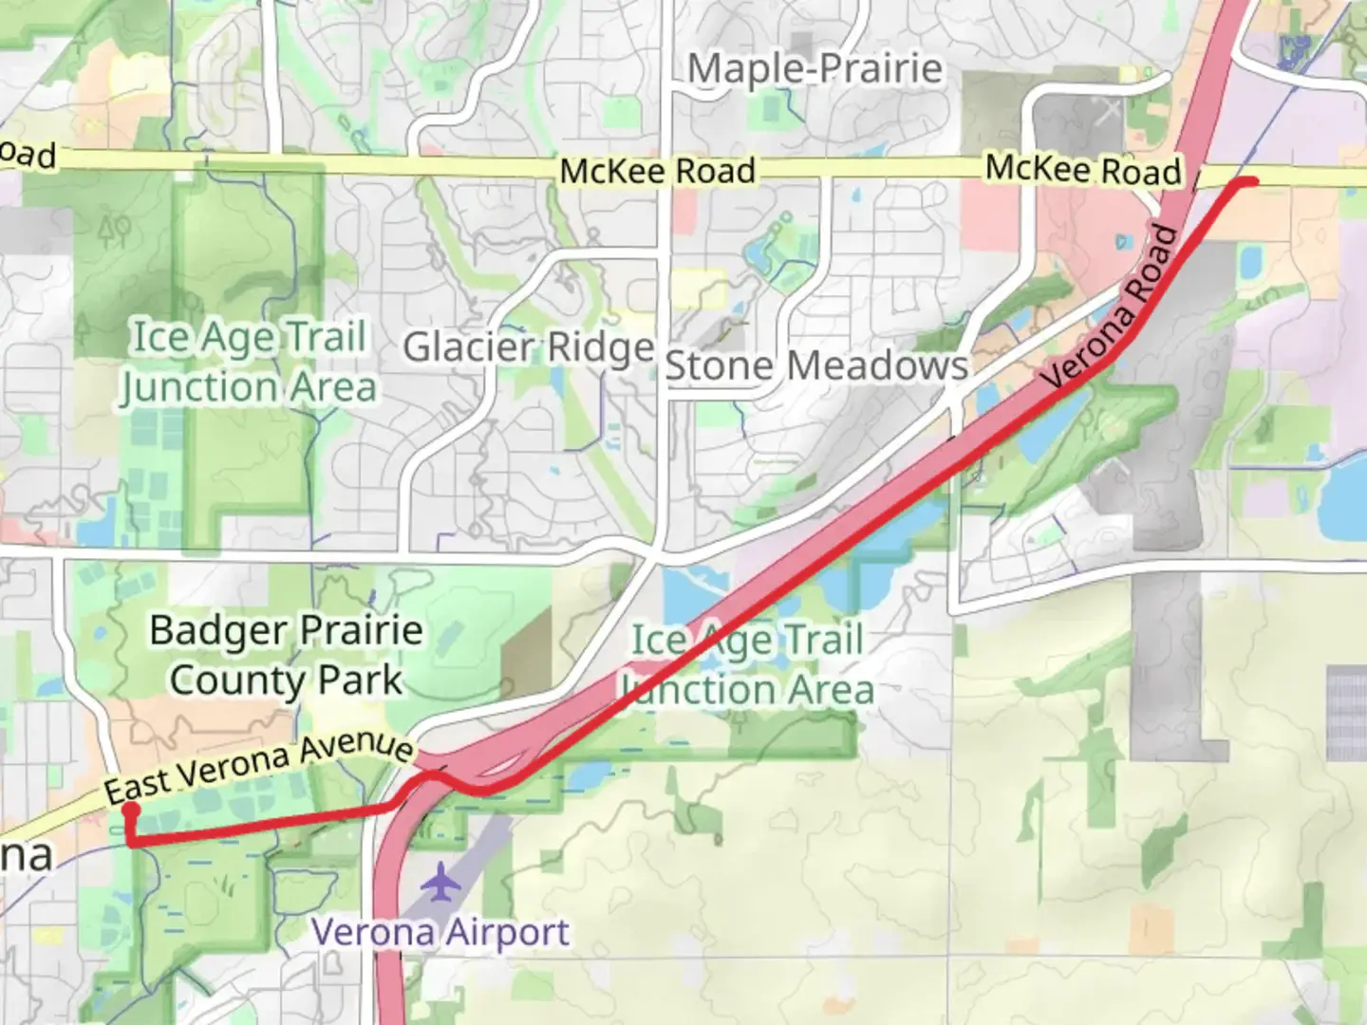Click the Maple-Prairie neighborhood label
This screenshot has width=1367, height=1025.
click(x=815, y=69)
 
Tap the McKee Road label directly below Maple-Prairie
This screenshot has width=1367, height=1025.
click(x=657, y=172)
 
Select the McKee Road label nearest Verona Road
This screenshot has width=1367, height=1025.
click(x=1082, y=170)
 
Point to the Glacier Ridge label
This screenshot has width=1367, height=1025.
click(x=529, y=347)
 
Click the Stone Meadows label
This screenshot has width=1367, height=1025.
click(x=816, y=366)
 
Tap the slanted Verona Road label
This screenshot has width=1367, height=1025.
click(x=1111, y=308)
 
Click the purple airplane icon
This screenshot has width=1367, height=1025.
click(x=440, y=882)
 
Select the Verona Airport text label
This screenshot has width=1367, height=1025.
click(x=440, y=932)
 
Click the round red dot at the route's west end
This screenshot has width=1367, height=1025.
click(x=130, y=811)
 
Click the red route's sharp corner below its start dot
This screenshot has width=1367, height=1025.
click(x=130, y=842)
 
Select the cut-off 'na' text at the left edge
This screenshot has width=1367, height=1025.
click(x=25, y=856)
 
